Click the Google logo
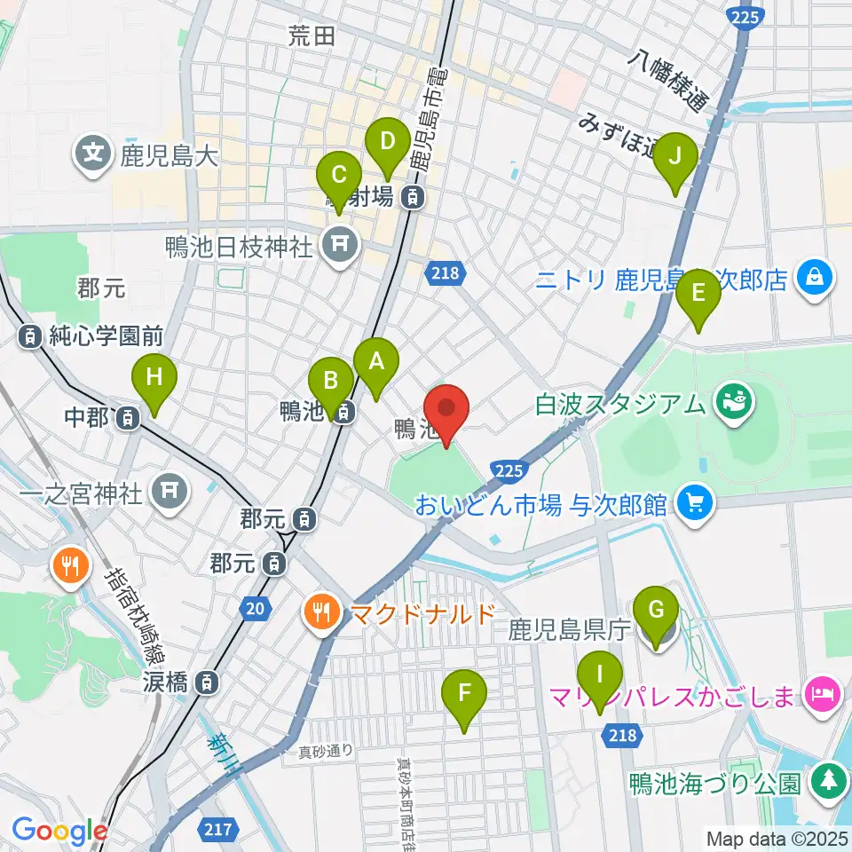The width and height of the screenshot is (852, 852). coord(59,832)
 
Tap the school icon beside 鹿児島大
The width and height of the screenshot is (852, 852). coord(92,154)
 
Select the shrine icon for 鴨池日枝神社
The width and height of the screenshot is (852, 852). coord(338,243)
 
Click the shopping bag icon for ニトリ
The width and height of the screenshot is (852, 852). coord(813,279)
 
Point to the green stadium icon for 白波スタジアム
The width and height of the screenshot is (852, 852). coord(736,404)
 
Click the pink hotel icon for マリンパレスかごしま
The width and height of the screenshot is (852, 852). coord(822,692)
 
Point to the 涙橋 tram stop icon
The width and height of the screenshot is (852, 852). coord(206,682)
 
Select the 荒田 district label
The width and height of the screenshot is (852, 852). coord(312,35)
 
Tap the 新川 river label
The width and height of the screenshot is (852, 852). coord(223,754)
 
